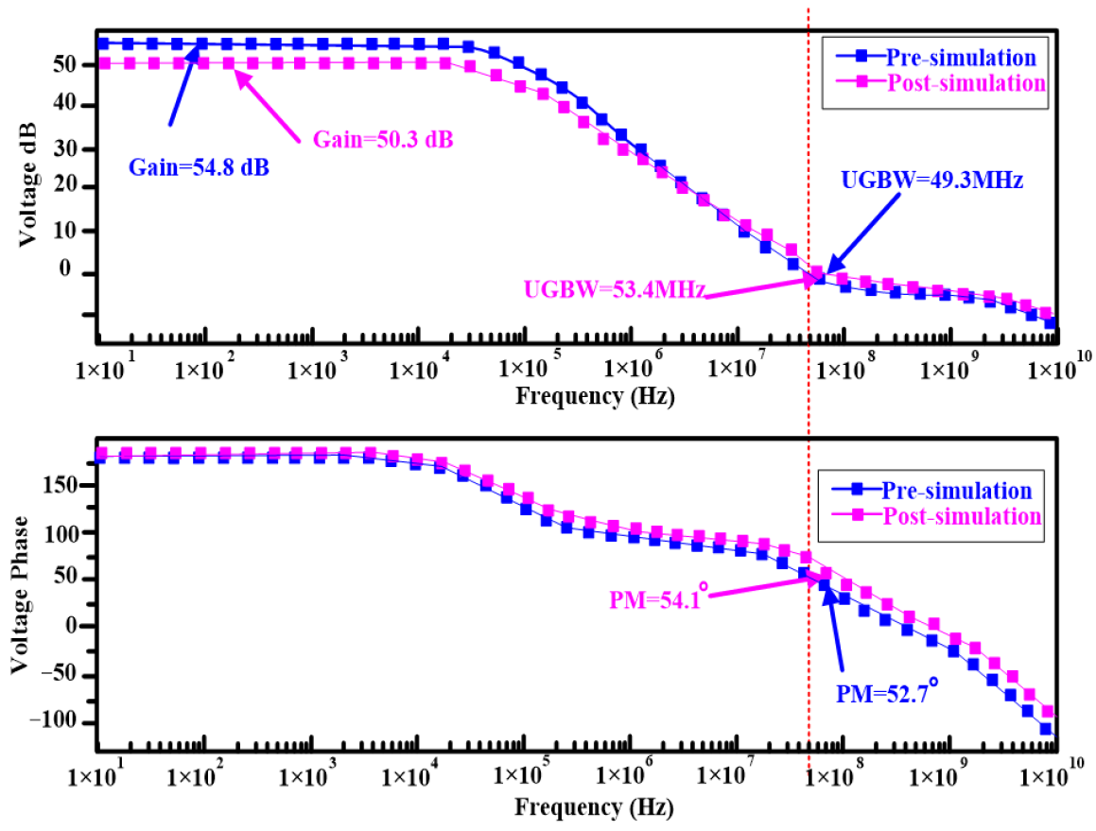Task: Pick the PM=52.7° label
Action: (x=887, y=694)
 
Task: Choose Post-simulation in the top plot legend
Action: (x=966, y=82)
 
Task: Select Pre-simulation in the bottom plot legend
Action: (x=956, y=491)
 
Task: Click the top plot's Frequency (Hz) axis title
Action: (x=594, y=396)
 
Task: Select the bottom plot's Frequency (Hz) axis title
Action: (x=594, y=809)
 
